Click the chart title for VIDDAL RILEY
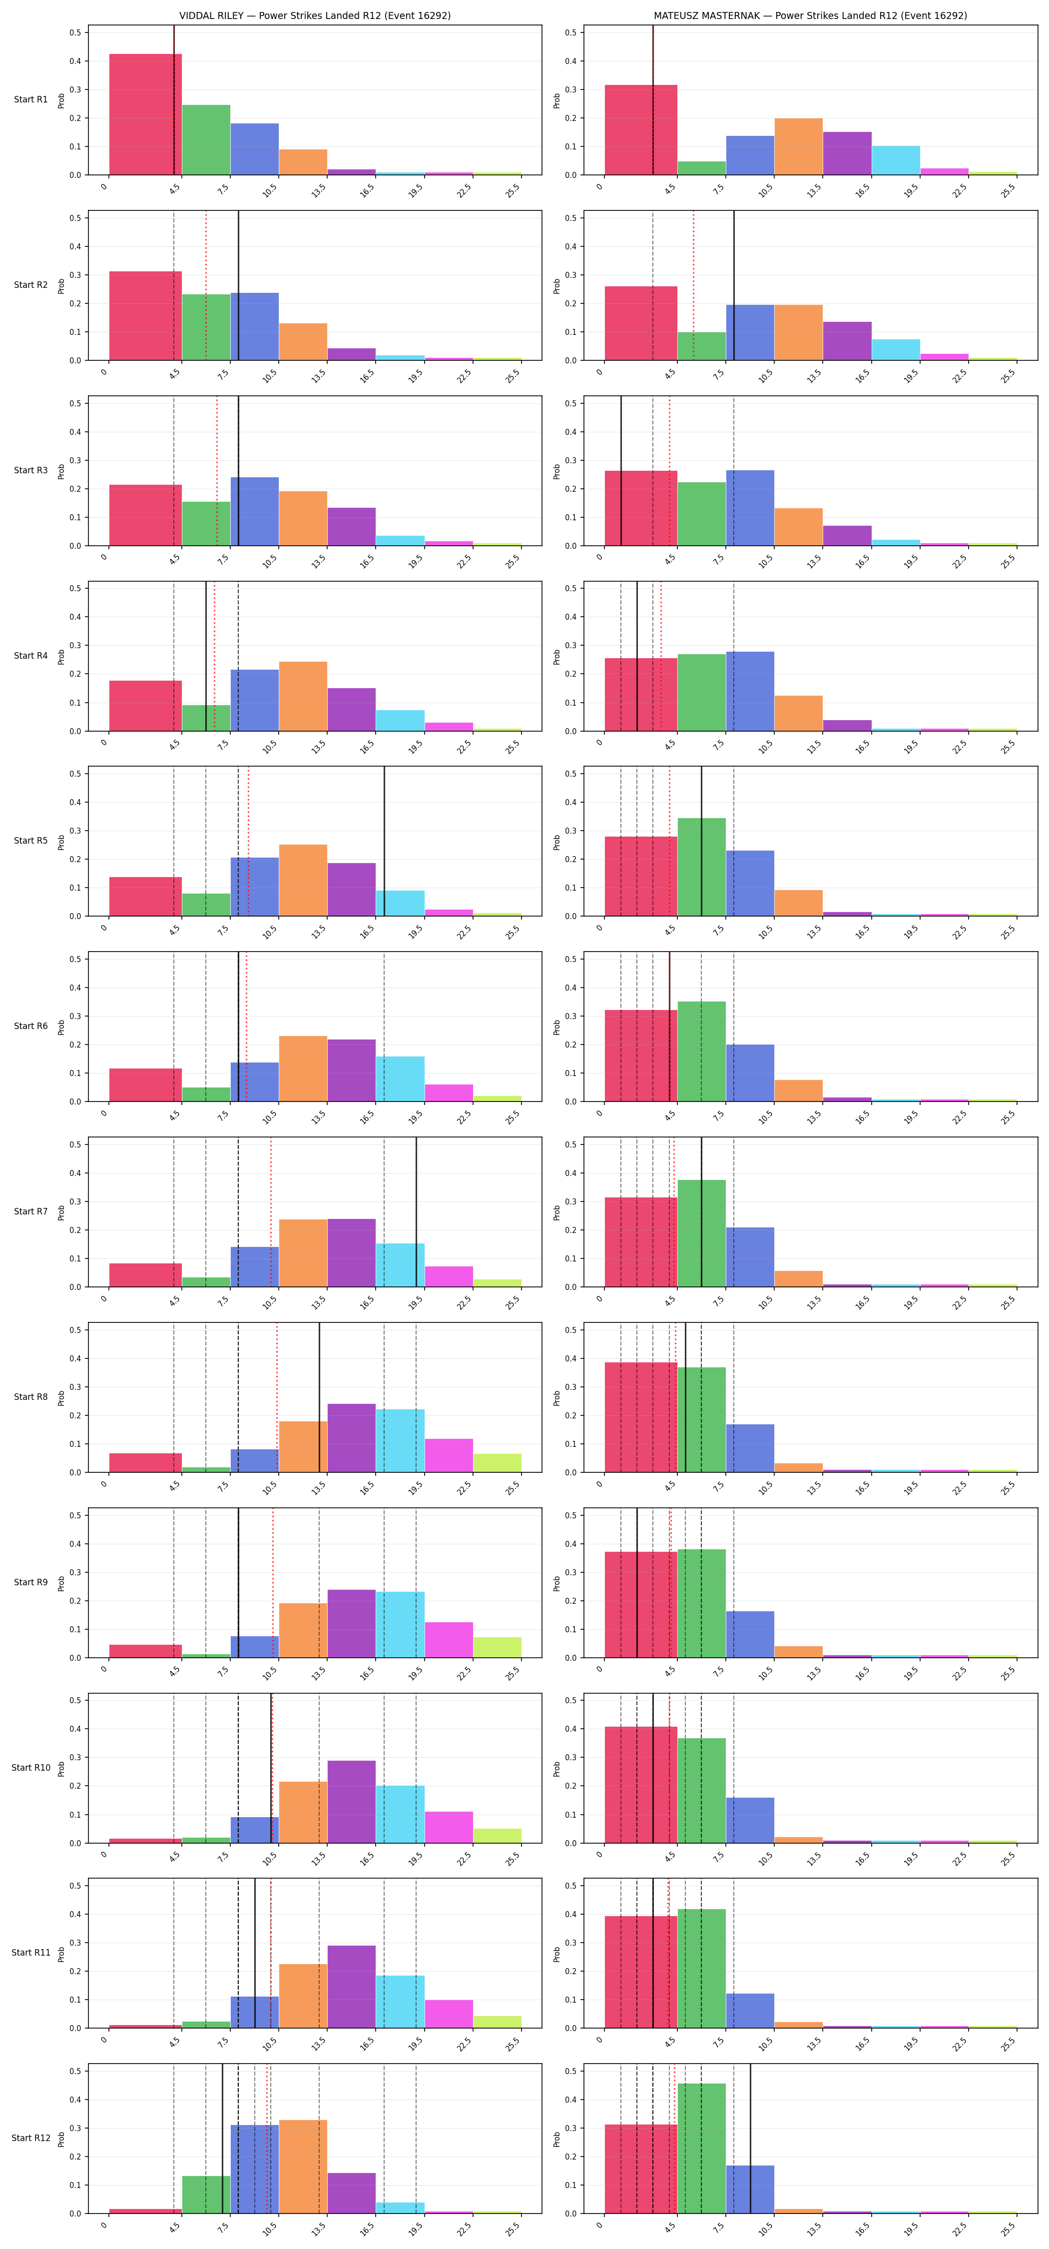tap(315, 15)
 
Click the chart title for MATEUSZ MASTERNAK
tap(810, 15)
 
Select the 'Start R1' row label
tap(30, 99)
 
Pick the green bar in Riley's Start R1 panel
tap(206, 140)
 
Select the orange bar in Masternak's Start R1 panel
tap(799, 146)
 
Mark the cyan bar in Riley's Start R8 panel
tap(401, 1440)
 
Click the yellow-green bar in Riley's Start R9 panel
tap(498, 1647)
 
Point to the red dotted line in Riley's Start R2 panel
tap(206, 285)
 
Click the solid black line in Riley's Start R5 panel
tap(384, 842)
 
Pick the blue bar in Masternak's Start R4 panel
tap(750, 692)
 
